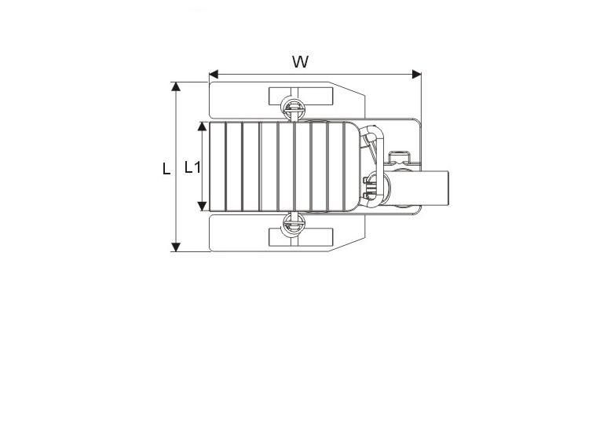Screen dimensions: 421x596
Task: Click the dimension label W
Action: [x=300, y=62]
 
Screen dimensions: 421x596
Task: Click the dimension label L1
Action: [x=192, y=167]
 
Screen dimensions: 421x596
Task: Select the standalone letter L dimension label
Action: [x=166, y=168]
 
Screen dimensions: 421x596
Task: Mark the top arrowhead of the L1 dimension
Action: [x=203, y=126]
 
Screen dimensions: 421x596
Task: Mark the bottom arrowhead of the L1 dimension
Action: [x=203, y=207]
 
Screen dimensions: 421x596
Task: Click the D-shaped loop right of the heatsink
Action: [x=372, y=145]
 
